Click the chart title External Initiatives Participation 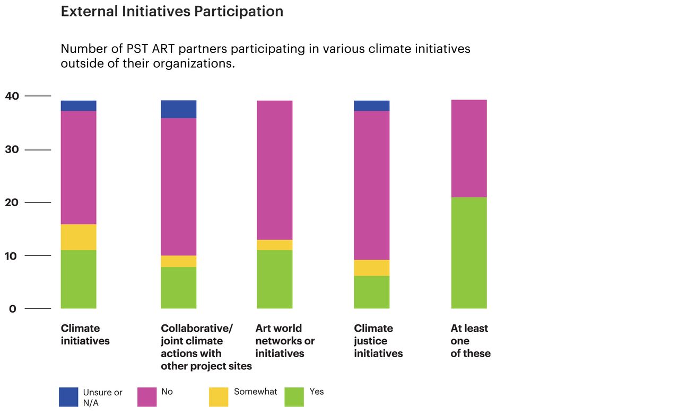(x=172, y=12)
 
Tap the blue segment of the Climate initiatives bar (x=79, y=105)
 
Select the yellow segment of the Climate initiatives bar (x=79, y=237)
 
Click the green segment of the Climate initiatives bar (x=79, y=279)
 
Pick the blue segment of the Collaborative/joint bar (x=178, y=109)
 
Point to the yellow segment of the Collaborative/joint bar (x=178, y=261)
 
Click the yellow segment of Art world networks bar (x=274, y=245)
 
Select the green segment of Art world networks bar (x=274, y=279)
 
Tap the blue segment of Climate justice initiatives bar (x=371, y=105)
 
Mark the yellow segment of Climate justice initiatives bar (x=371, y=268)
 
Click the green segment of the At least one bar (x=469, y=253)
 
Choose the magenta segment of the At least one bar (x=469, y=148)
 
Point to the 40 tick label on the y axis (x=12, y=96)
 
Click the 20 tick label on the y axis (x=12, y=202)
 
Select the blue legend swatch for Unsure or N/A (x=68, y=397)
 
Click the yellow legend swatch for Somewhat (x=219, y=397)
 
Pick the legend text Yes (x=317, y=392)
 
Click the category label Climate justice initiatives (x=378, y=341)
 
